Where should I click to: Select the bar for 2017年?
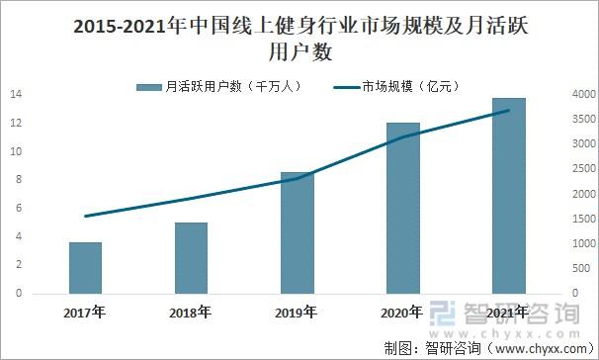coord(85,268)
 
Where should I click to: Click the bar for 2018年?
coord(191,258)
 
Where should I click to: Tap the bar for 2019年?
coord(297,233)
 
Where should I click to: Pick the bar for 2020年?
coord(402,209)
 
